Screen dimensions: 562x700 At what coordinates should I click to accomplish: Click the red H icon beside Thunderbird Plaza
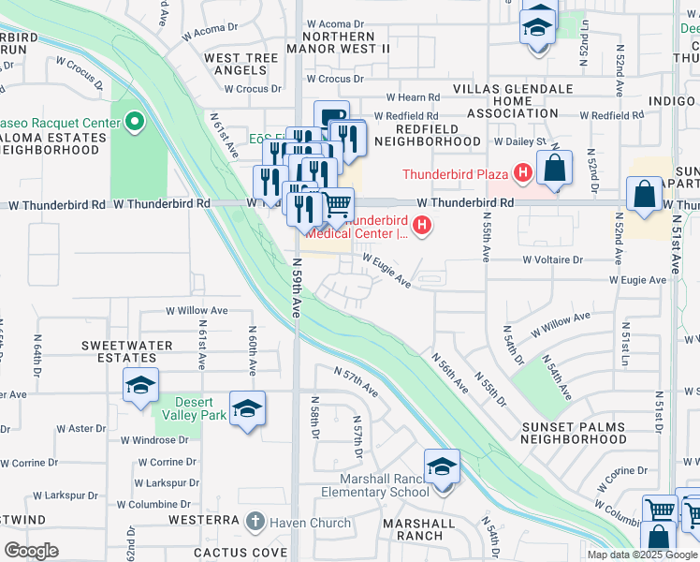pyautogui.click(x=522, y=173)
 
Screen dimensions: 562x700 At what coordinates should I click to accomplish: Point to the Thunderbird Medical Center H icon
pyautogui.click(x=423, y=225)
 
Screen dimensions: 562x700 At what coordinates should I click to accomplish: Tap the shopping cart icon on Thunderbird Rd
pyautogui.click(x=337, y=203)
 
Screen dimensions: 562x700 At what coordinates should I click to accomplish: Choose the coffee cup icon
pyautogui.click(x=331, y=117)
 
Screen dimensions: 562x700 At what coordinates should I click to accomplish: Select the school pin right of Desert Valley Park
pyautogui.click(x=247, y=409)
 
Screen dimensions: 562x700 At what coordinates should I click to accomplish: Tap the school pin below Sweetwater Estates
pyautogui.click(x=139, y=386)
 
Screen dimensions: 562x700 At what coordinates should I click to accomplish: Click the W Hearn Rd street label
pyautogui.click(x=413, y=97)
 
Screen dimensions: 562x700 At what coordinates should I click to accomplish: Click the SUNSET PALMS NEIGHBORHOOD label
pyautogui.click(x=573, y=433)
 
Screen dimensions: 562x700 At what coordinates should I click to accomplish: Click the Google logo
pyautogui.click(x=32, y=551)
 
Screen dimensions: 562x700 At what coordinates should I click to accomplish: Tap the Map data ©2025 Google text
pyautogui.click(x=642, y=554)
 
